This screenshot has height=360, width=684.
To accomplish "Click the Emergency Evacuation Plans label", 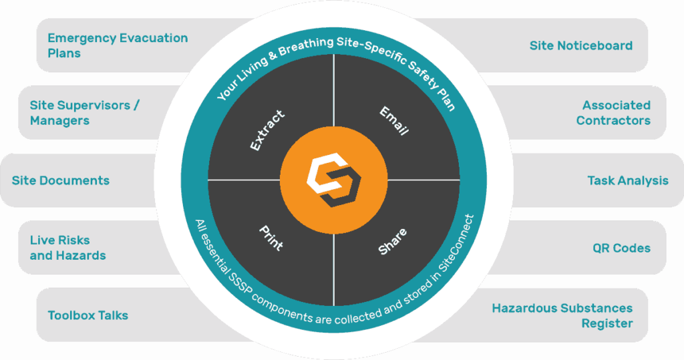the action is coord(118,45).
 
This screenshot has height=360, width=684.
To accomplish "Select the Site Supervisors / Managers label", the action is coord(85,113).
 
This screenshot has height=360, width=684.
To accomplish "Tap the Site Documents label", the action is coord(61,180).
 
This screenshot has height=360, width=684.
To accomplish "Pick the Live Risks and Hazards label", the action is coord(67,248).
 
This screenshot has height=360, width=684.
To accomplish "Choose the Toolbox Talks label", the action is coord(88,315).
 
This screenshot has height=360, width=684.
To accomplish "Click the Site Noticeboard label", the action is coord(581,46).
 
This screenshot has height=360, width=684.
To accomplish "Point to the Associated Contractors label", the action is coord(613,113).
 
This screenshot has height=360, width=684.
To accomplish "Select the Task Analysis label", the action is coord(628,180).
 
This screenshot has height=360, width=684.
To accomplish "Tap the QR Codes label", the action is coord(622,248).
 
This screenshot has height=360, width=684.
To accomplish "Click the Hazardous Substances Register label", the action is coord(562,315).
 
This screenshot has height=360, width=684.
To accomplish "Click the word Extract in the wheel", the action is coord(267,130).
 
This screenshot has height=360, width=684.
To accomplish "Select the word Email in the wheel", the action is coord(394,121).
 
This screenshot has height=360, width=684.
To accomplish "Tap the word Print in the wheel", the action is coord(271,238).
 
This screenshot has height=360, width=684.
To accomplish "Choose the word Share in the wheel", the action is coord(393,241).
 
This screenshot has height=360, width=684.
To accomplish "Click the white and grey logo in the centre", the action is coord(334,180).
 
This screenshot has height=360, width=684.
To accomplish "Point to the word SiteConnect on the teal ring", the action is coord(456,243).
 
